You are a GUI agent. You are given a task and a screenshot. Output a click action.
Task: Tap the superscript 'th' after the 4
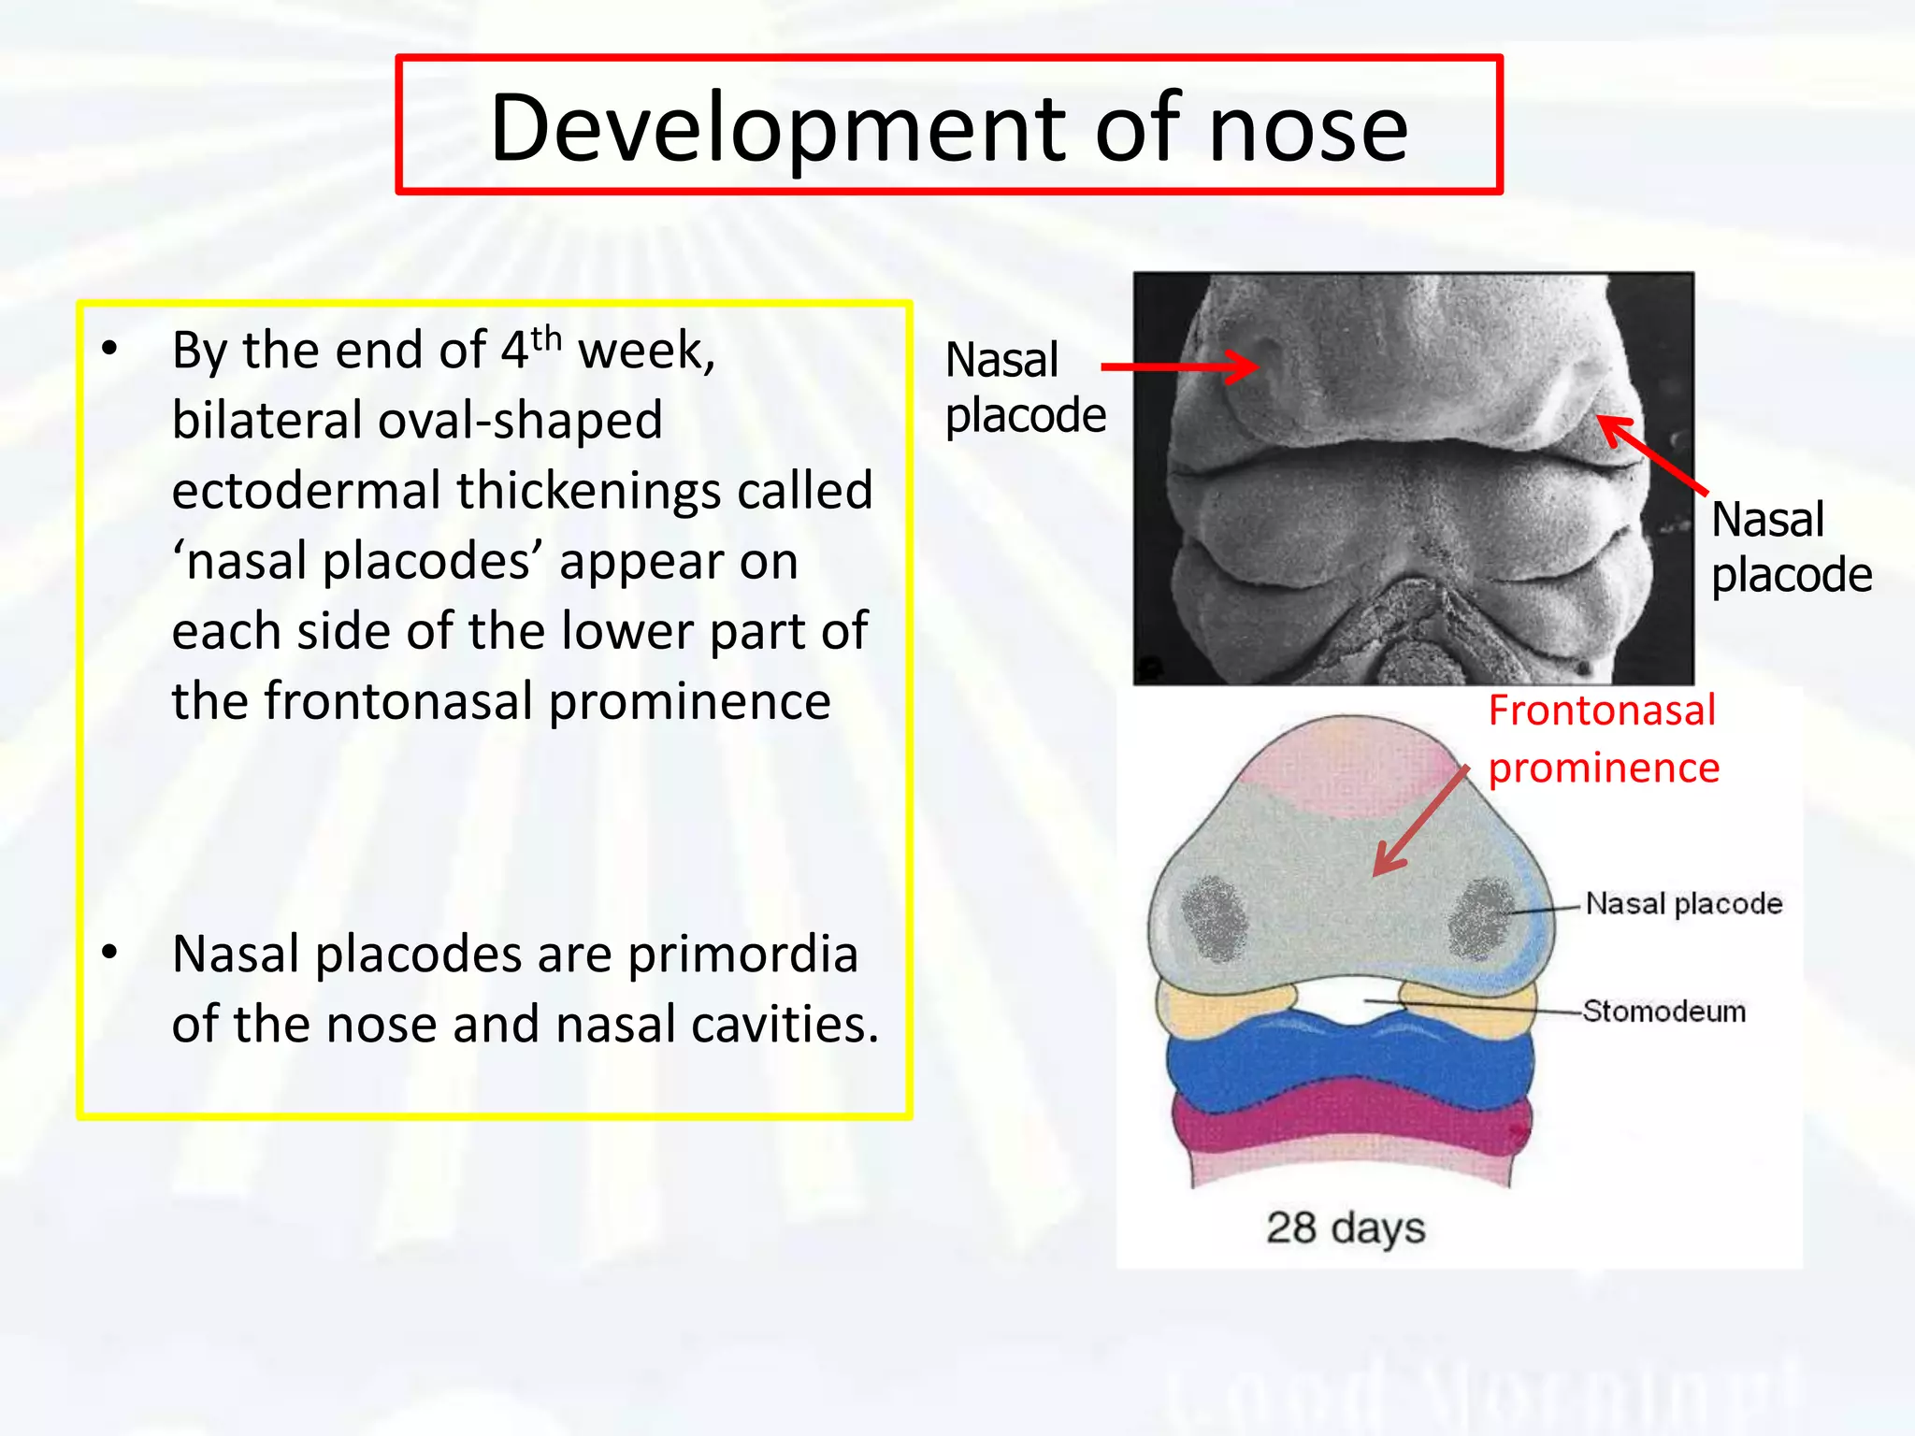coord(547,338)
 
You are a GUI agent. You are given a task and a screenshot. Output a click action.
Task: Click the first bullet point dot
coord(110,350)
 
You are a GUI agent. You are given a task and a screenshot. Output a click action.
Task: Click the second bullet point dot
coord(110,953)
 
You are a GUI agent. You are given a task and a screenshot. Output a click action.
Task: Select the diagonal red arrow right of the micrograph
coord(1651,454)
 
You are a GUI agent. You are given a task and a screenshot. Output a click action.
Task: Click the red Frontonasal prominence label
coord(1603,739)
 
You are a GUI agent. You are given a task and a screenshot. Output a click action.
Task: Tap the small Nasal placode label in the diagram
coord(1684,903)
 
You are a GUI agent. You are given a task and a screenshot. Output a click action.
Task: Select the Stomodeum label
coord(1664,1011)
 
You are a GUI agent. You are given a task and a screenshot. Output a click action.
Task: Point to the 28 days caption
coord(1346,1228)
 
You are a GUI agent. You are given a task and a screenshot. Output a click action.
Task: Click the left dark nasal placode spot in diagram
coord(1215,918)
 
